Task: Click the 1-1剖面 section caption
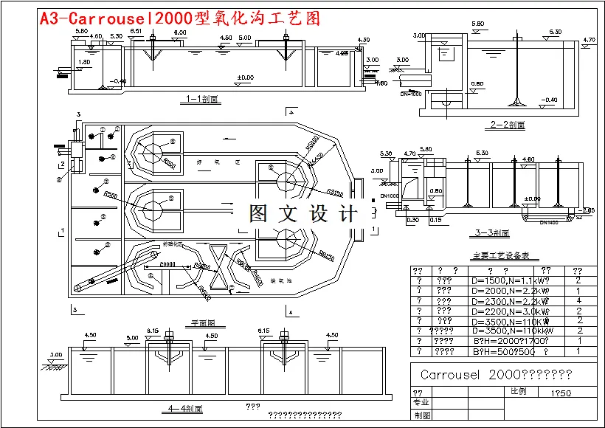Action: (x=201, y=98)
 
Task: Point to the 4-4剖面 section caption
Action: (x=185, y=408)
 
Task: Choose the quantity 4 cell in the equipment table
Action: (x=579, y=301)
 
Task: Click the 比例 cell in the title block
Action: (x=518, y=392)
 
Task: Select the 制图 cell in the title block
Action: (x=421, y=415)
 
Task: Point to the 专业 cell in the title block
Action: (x=421, y=403)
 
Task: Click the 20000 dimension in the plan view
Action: (x=167, y=263)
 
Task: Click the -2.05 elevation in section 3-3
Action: (x=587, y=210)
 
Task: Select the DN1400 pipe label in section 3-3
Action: (x=548, y=222)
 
